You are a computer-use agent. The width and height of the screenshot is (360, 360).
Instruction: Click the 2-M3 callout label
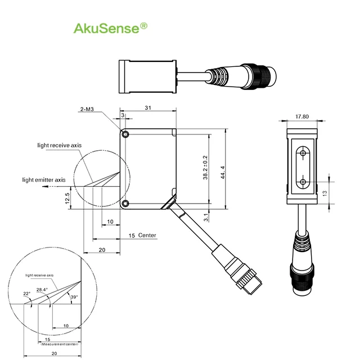(x=87, y=110)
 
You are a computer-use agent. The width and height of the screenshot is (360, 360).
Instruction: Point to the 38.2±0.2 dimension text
(x=205, y=168)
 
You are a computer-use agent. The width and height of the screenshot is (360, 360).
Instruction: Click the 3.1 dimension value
(x=206, y=215)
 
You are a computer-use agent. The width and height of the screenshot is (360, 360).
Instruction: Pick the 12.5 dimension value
(x=68, y=199)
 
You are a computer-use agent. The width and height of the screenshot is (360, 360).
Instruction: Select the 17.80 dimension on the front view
(x=302, y=117)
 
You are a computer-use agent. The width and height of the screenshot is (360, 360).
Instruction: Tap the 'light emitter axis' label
(x=44, y=180)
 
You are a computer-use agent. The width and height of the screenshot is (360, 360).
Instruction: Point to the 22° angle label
(x=26, y=294)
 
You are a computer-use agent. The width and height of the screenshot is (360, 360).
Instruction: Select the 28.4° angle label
(x=42, y=290)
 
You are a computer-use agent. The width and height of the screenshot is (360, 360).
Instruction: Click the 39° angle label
(x=73, y=296)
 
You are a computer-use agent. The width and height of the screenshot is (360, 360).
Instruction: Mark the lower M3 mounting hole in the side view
(x=125, y=203)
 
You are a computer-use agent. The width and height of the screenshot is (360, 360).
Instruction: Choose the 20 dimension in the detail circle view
(x=54, y=353)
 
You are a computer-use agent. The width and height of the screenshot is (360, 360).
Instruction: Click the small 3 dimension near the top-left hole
(x=123, y=115)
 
